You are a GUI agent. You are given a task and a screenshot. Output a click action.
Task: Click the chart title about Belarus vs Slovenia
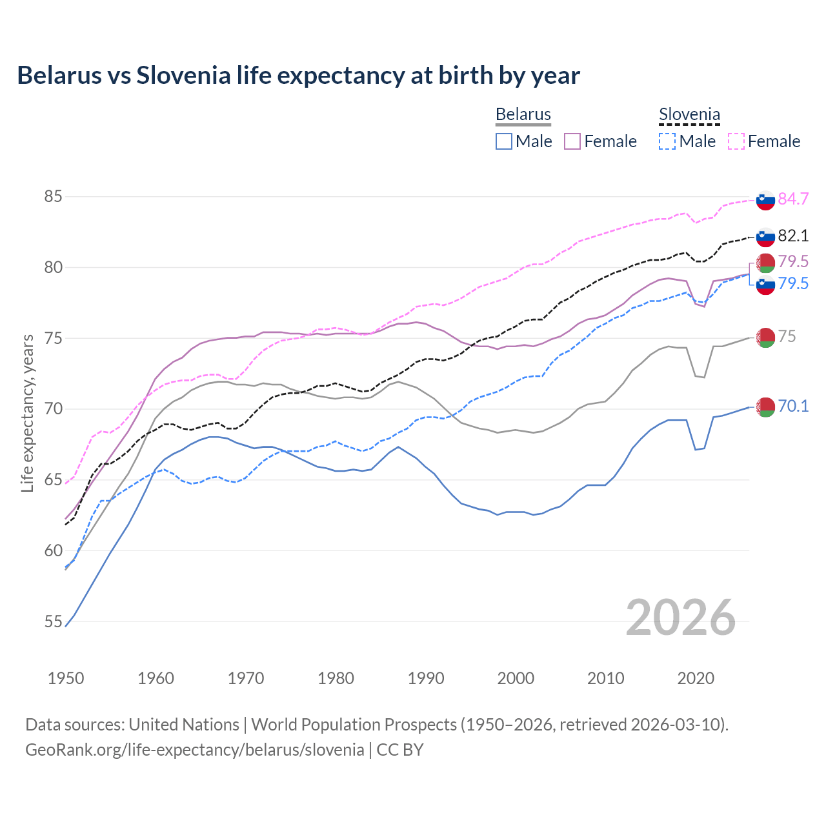pos(298,76)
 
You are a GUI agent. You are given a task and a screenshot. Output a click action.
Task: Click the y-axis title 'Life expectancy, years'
pos(28,413)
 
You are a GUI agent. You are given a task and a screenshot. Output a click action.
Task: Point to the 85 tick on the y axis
pos(53,196)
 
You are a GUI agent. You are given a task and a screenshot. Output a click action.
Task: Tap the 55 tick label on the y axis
pos(53,621)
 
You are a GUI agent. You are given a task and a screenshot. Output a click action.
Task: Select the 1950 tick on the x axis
pos(66,678)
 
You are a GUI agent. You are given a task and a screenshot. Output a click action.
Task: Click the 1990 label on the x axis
pos(426,678)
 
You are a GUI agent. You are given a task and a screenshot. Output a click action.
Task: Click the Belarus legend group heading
pos(523,114)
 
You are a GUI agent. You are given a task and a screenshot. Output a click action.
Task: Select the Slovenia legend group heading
pos(689,114)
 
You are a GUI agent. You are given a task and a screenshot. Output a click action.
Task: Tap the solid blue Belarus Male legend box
pos(504,141)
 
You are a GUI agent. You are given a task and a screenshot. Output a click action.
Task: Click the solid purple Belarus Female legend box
pos(572,141)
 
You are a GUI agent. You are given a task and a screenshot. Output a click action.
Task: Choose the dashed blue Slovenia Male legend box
pos(667,141)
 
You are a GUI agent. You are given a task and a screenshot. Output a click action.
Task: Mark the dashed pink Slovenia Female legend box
pos(736,141)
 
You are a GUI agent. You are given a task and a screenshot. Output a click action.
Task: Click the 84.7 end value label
pos(793,199)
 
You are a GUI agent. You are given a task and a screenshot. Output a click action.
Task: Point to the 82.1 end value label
pos(793,236)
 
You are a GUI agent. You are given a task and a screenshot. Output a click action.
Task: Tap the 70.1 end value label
pos(793,406)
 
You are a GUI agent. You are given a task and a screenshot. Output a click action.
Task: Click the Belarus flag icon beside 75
pos(765,337)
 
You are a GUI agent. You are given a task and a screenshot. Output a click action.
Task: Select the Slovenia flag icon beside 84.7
pos(765,200)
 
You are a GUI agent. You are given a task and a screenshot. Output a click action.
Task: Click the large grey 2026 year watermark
pos(680,618)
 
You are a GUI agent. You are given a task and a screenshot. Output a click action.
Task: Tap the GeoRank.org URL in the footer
pos(194,750)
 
